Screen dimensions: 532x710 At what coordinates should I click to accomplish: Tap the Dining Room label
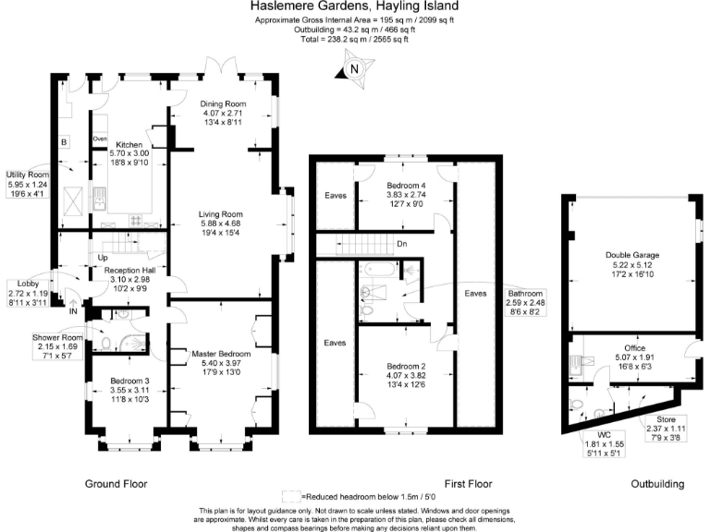click(222, 104)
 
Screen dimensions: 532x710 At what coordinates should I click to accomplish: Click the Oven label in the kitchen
click(100, 139)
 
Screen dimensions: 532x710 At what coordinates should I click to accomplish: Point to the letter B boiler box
click(63, 142)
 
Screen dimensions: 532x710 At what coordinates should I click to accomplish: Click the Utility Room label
click(26, 175)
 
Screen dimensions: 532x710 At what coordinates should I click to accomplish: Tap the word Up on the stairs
click(103, 258)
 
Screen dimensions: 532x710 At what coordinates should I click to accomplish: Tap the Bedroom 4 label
click(407, 187)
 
